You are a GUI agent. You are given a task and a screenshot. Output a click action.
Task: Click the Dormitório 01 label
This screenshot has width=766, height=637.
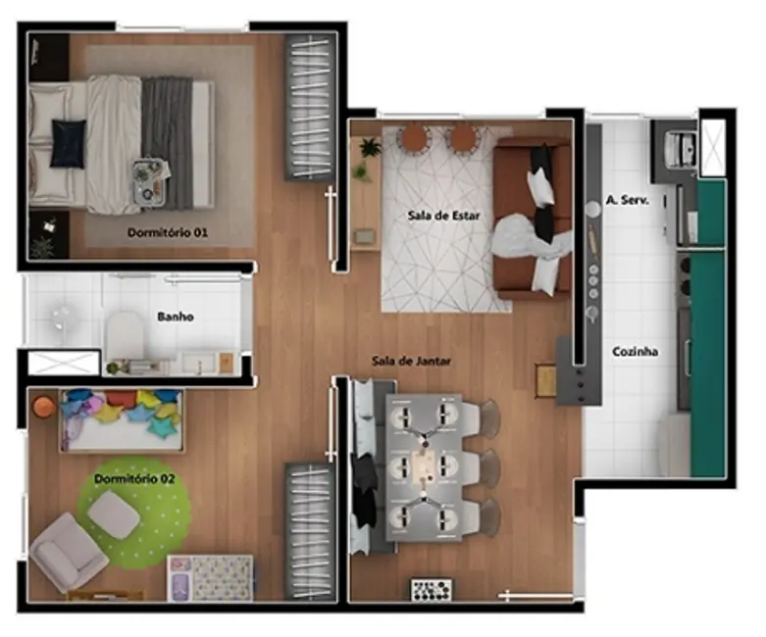click(168, 233)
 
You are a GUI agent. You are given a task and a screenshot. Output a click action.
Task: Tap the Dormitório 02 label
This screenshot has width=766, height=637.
click(134, 479)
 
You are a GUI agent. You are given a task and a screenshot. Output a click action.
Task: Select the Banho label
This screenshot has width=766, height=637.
click(176, 318)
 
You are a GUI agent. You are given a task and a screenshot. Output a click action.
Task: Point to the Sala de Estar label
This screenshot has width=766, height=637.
click(443, 216)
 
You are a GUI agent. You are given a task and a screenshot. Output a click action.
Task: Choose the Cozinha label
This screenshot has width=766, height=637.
click(635, 352)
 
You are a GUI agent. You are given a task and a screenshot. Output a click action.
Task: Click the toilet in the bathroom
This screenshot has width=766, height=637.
click(125, 334)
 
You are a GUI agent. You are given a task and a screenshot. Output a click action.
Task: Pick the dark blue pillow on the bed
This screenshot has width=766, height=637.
click(68, 143)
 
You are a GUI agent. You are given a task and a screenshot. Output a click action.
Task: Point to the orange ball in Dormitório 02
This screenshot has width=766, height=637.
click(42, 406)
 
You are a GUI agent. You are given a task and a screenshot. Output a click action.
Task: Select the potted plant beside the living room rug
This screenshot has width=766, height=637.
click(369, 149)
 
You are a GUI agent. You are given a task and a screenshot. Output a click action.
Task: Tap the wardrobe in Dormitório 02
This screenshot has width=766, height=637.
click(311, 530)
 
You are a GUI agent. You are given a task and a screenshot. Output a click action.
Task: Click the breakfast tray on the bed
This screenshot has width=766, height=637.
click(150, 180)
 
